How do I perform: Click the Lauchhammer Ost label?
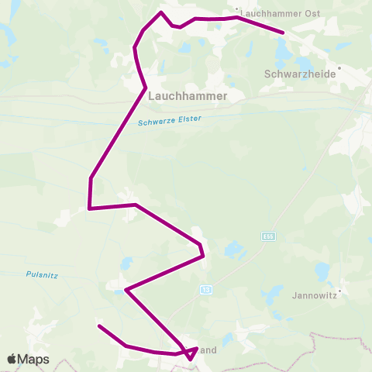click(x=270, y=13)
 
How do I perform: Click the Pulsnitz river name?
click(x=42, y=274)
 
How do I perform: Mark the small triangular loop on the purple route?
click(x=191, y=353)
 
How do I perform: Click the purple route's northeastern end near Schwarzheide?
click(x=284, y=33)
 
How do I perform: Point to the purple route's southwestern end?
click(x=98, y=326)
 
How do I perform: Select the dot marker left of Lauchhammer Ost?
click(x=237, y=12)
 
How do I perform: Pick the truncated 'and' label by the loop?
click(x=207, y=350)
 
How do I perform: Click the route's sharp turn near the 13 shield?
click(x=126, y=291)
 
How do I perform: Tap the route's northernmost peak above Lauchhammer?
click(x=161, y=12)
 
